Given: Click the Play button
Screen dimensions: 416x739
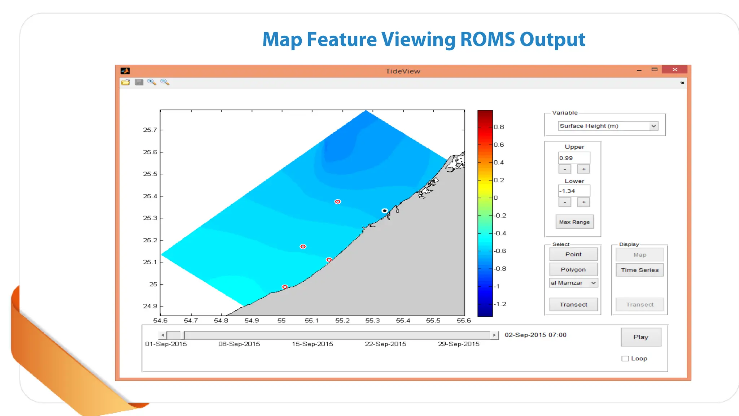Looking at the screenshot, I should click(641, 337).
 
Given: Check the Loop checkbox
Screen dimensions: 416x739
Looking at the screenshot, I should click(625, 359).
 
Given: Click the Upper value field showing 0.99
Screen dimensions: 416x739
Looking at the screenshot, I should click(574, 158).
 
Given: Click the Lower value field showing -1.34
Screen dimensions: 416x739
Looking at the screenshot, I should click(574, 191).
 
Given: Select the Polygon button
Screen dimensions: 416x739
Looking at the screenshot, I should click(573, 270).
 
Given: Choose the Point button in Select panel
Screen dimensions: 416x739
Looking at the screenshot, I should click(573, 255).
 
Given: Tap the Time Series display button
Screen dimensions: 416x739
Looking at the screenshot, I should click(639, 270).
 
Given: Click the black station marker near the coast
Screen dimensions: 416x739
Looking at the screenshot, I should click(385, 211).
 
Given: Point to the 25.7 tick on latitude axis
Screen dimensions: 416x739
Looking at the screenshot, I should click(150, 130).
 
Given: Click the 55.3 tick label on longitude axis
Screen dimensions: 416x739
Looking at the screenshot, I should click(372, 321).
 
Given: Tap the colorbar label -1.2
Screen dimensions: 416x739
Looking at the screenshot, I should click(500, 304).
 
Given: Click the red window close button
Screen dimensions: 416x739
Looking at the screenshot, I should click(674, 70).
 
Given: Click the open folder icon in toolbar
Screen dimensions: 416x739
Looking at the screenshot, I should click(126, 82).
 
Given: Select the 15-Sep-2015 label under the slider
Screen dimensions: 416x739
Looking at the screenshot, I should click(312, 344).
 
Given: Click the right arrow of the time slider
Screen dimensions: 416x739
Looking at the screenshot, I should click(494, 335).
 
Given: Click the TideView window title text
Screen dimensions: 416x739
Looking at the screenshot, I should click(403, 71).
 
